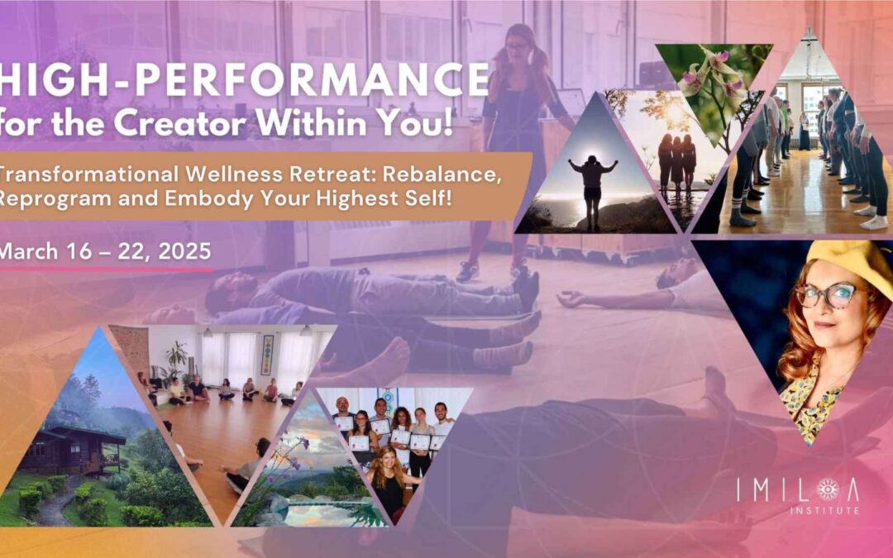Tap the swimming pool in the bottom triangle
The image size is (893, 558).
(x=330, y=513)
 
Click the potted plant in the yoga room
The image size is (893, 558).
(x=177, y=358)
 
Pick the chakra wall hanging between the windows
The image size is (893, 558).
(x=268, y=354)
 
